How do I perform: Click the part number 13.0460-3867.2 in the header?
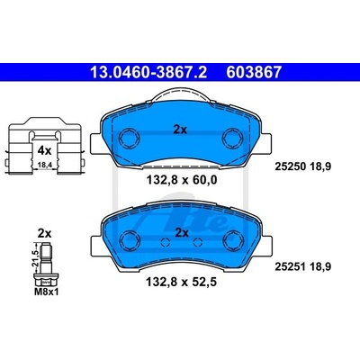coord(148,73)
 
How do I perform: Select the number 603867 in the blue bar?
coord(254,73)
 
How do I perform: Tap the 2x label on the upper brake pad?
coord(180,130)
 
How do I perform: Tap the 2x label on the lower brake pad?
coord(182,233)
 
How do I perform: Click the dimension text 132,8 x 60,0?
coord(181,180)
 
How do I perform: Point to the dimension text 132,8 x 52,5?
coord(181,282)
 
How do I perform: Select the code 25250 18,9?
coord(303,166)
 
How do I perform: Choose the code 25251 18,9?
coord(303,266)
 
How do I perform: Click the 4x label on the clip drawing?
coord(44,150)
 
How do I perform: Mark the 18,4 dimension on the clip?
coord(44,165)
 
